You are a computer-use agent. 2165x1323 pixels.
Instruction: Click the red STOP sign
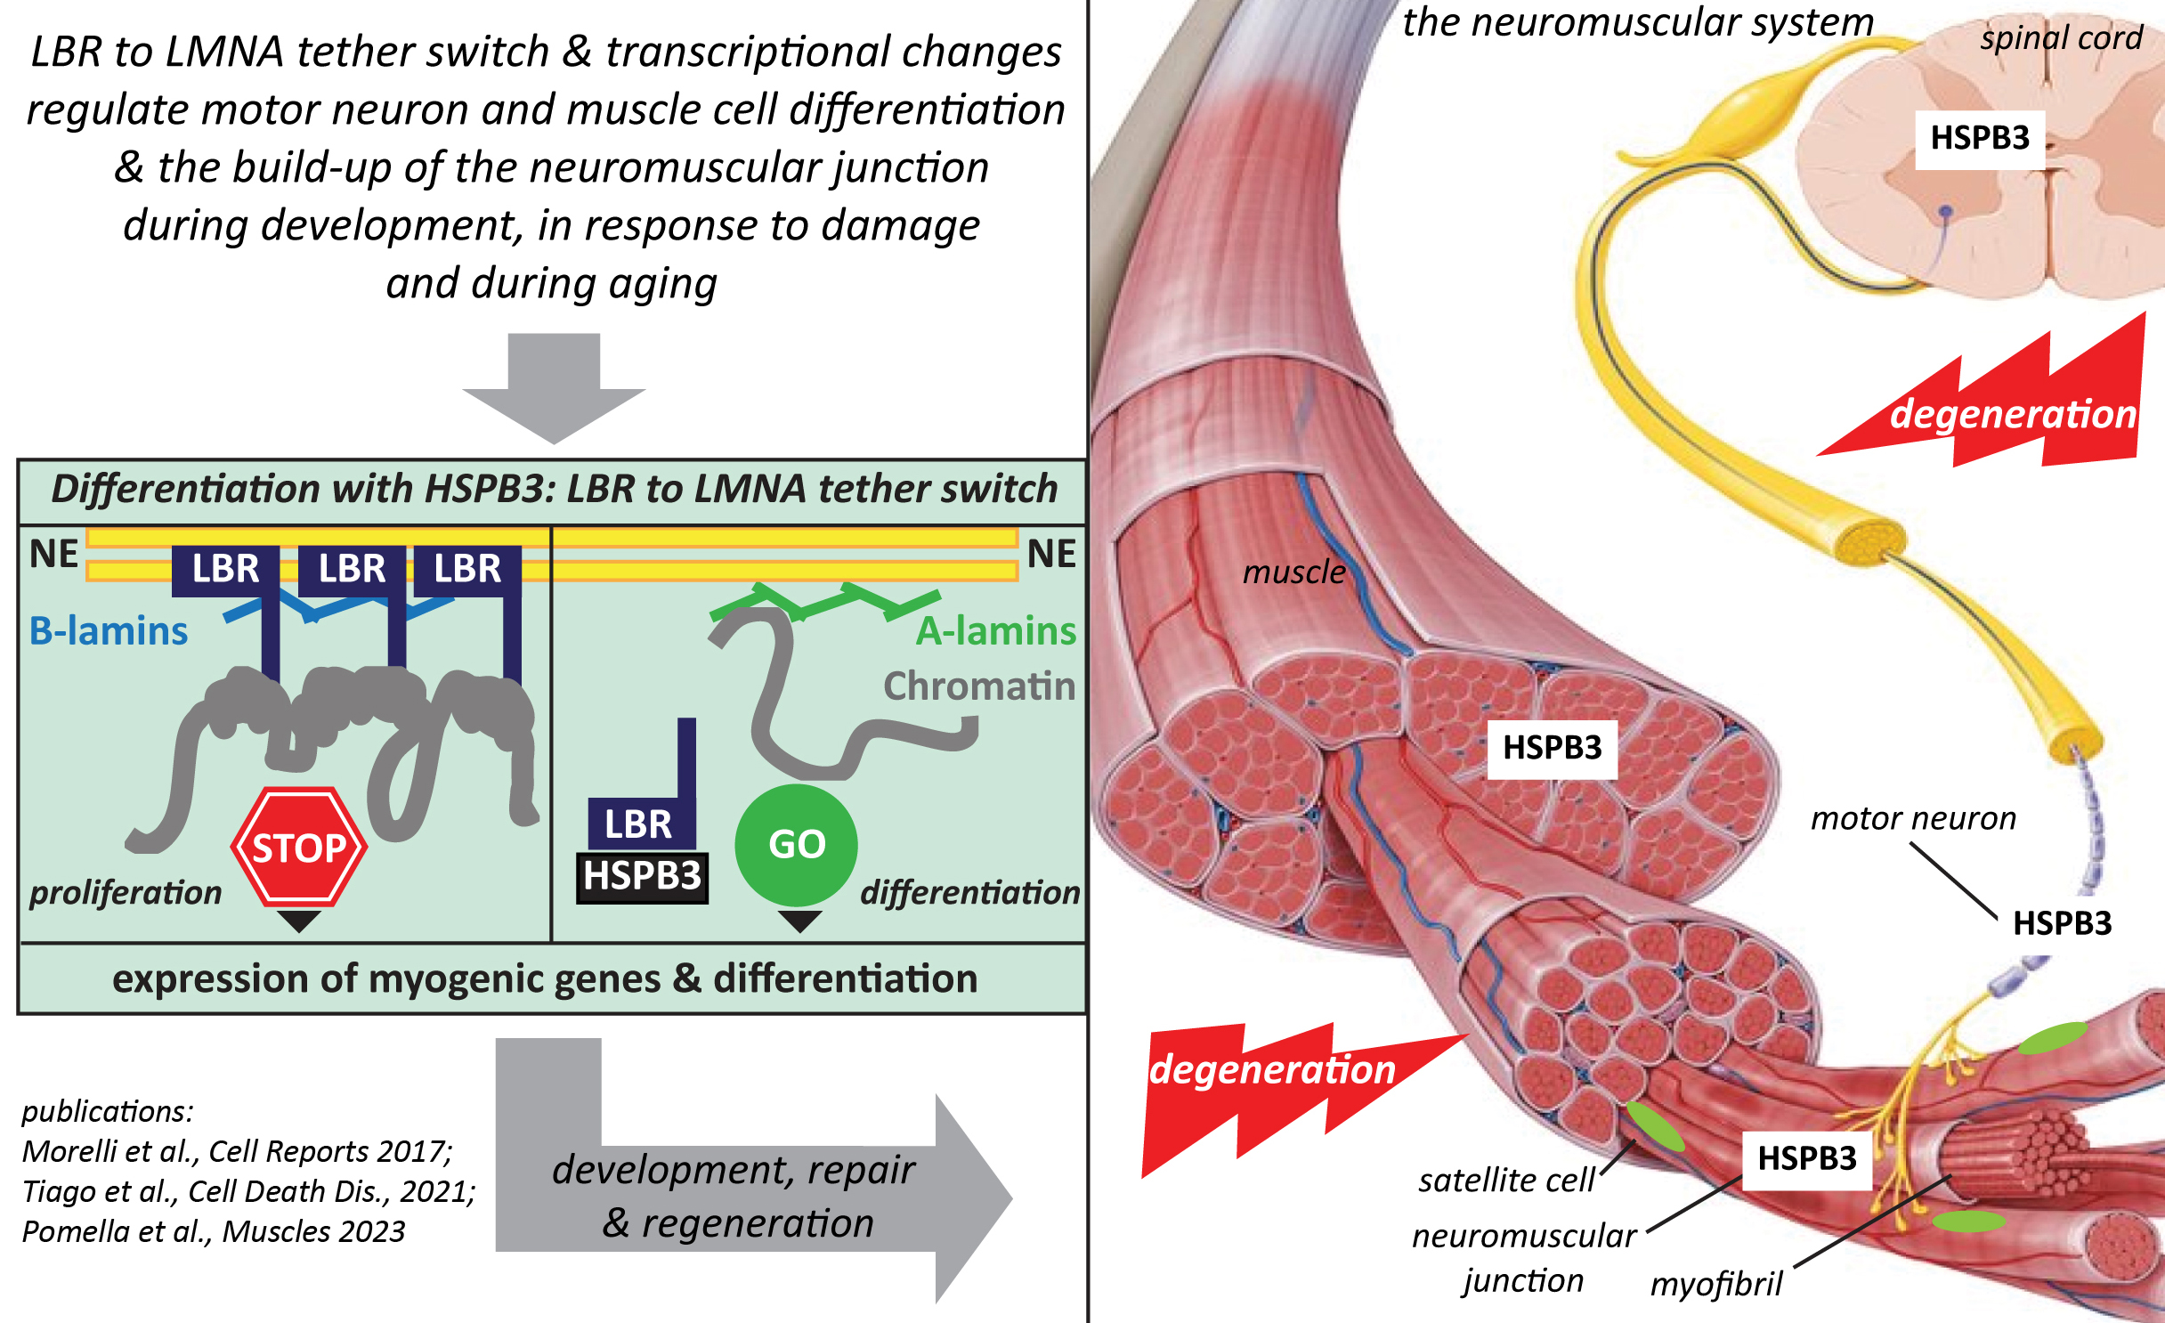[x=299, y=847]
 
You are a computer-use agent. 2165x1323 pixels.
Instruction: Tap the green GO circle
[x=797, y=844]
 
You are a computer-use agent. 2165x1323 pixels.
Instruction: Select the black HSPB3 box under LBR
[x=643, y=877]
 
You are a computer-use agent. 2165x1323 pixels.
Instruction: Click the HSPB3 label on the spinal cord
[x=1980, y=138]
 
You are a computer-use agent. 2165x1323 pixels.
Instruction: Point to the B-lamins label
[x=109, y=630]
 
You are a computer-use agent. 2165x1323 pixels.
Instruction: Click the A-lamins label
[x=996, y=630]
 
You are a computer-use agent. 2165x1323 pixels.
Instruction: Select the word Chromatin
[x=979, y=686]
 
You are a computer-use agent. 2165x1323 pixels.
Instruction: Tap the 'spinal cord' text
[x=2061, y=37]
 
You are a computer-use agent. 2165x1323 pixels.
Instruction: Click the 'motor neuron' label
[x=1913, y=817]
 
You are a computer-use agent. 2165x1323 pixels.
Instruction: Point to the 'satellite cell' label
[x=1506, y=1180]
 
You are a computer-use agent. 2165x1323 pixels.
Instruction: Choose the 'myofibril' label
[x=1715, y=1284]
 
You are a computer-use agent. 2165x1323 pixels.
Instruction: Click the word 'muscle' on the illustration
[x=1293, y=572]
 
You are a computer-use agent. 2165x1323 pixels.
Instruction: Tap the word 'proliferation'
[x=126, y=892]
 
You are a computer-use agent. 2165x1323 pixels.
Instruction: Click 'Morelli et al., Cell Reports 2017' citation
[x=237, y=1151]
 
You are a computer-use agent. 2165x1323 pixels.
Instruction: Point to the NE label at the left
[x=53, y=554]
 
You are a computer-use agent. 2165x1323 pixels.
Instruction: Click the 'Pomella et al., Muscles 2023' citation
[x=214, y=1231]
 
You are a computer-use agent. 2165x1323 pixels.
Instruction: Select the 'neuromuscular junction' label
[x=1524, y=1257]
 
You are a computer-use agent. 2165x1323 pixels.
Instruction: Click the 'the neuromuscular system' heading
[x=1638, y=22]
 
